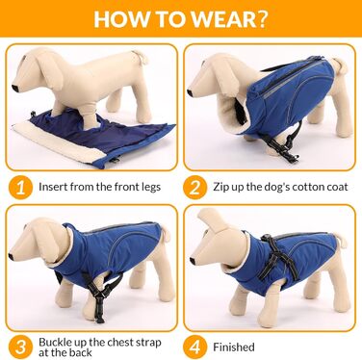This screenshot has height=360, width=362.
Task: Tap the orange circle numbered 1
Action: (x=20, y=188)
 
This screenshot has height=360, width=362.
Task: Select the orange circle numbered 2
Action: (x=194, y=188)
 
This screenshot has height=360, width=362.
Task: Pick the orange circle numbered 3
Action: (x=20, y=347)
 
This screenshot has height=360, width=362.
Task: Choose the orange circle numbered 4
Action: (x=194, y=347)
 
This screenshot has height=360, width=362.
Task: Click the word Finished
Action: (x=234, y=347)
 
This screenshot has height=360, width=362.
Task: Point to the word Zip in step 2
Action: (x=220, y=187)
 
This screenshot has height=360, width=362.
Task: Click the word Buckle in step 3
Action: (x=55, y=342)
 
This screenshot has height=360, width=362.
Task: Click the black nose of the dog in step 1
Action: (x=15, y=88)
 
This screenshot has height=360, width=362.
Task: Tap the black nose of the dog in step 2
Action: (x=190, y=93)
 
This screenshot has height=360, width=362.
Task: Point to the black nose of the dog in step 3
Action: (x=11, y=256)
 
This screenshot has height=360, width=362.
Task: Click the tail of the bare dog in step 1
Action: (x=142, y=57)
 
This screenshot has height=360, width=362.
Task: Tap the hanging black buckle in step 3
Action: (x=99, y=310)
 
